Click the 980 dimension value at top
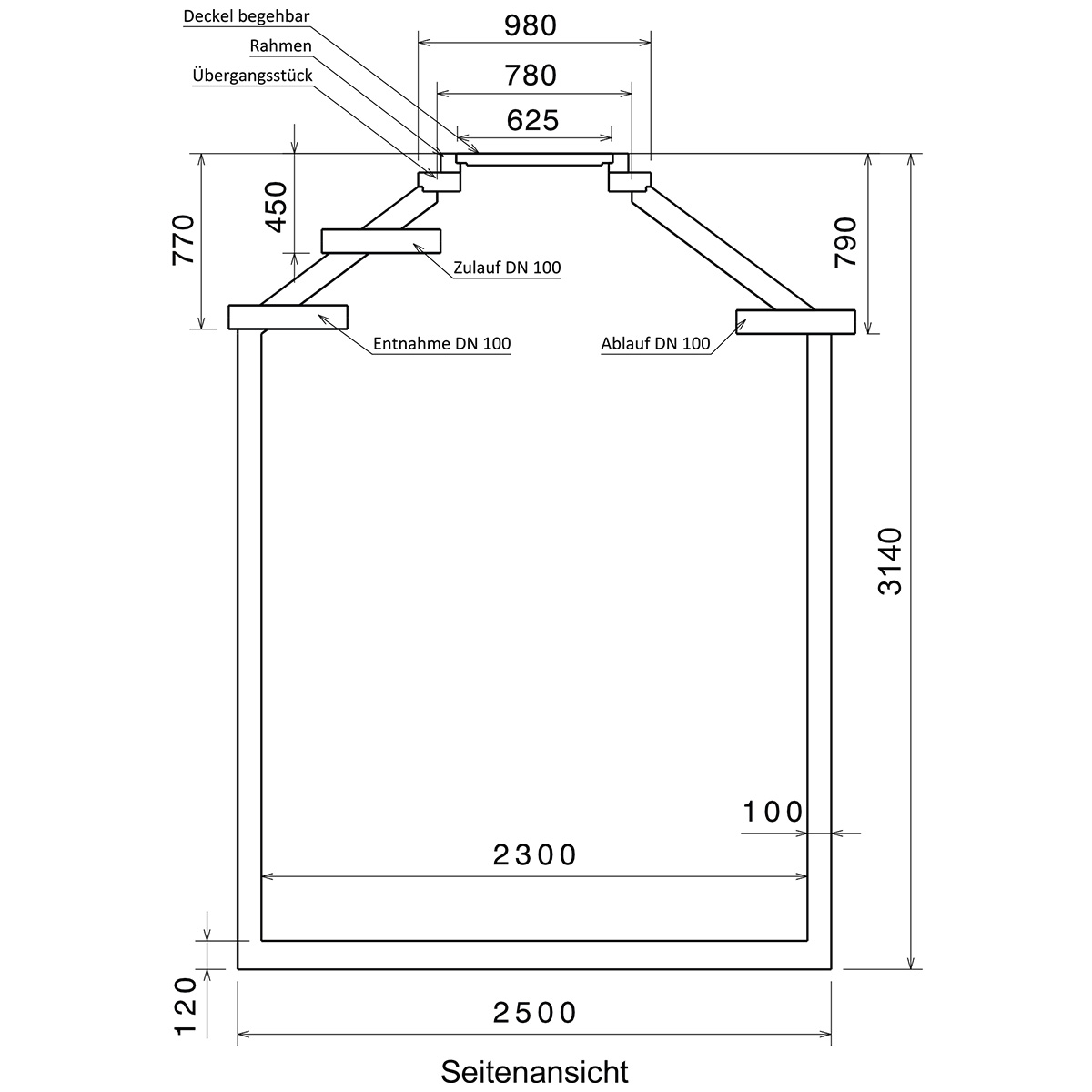pyautogui.click(x=531, y=25)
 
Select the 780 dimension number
pyautogui.click(x=531, y=75)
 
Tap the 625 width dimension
pyautogui.click(x=532, y=120)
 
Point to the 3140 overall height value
pyautogui.click(x=889, y=561)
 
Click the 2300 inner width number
pyautogui.click(x=534, y=855)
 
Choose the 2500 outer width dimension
pyautogui.click(x=534, y=1013)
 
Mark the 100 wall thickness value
pyautogui.click(x=773, y=812)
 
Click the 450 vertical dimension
pyautogui.click(x=277, y=207)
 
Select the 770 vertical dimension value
pyautogui.click(x=183, y=239)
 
